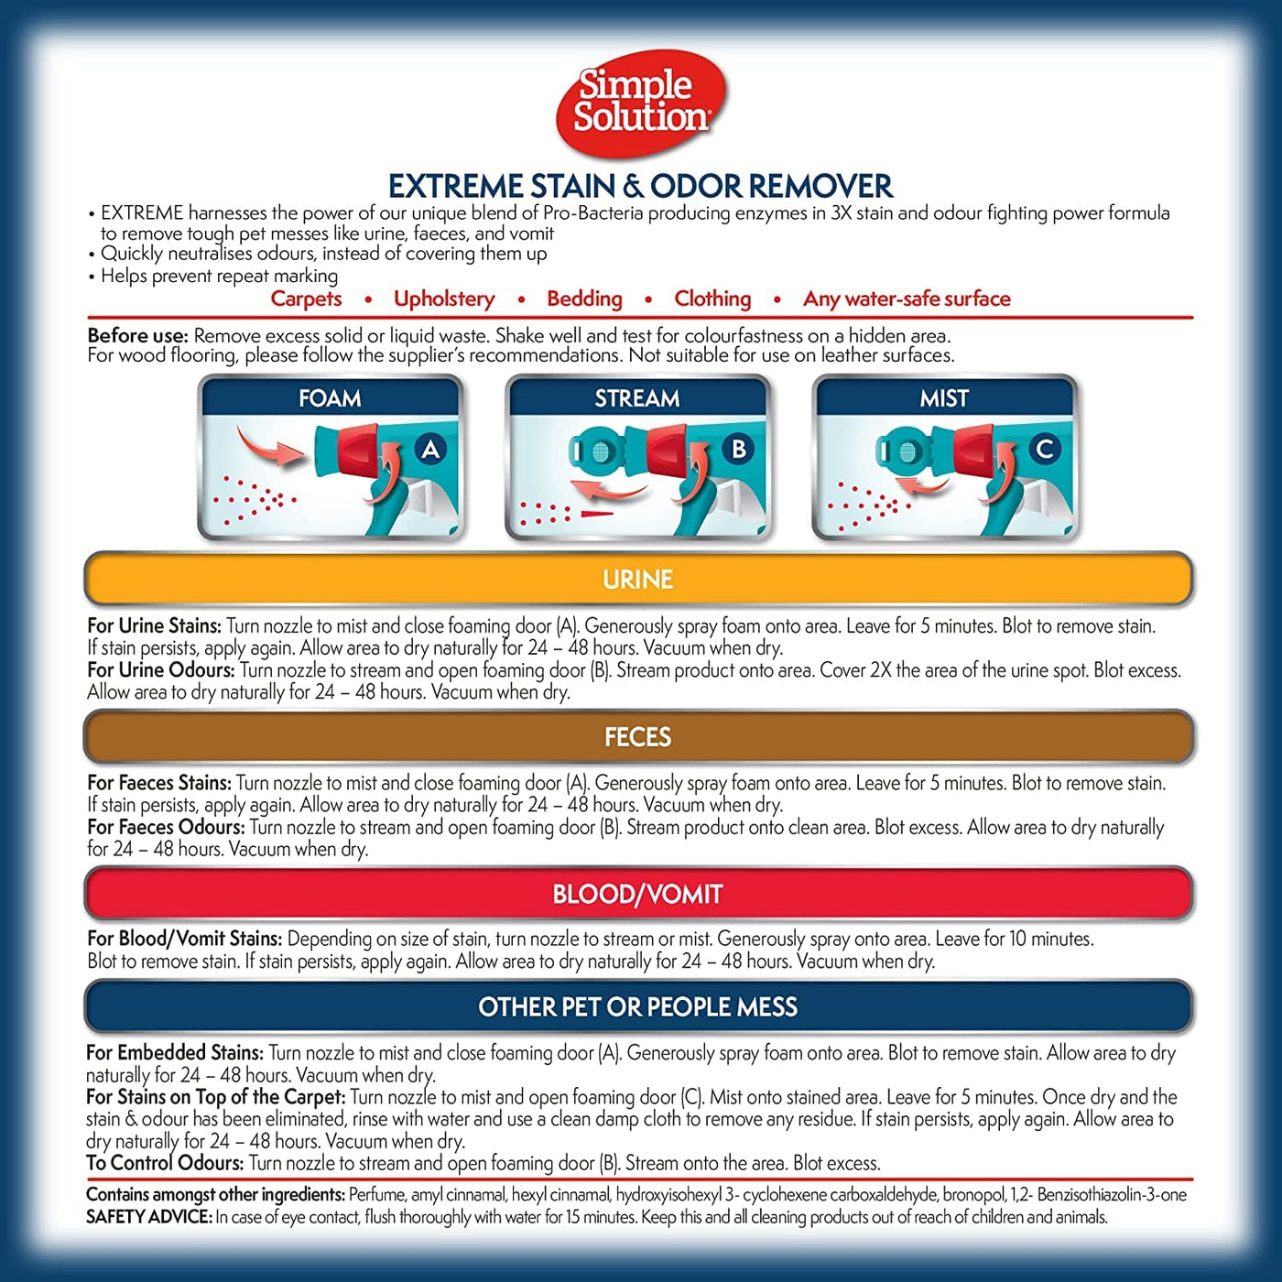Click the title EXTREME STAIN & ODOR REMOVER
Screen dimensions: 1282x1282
[x=641, y=186]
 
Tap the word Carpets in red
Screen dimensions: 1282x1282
[x=306, y=299]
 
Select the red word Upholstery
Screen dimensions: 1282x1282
[x=444, y=299]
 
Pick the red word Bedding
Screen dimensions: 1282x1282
[x=584, y=299]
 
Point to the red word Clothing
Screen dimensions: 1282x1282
[x=712, y=299]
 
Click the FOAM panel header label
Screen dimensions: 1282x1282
[x=330, y=397]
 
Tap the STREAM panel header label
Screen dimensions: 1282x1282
[x=637, y=397]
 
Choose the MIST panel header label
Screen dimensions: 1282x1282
[x=944, y=397]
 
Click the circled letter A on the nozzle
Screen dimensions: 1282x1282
[x=431, y=449]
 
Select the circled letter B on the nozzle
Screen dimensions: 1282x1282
[x=738, y=449]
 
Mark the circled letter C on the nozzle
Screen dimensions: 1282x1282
[x=1045, y=449]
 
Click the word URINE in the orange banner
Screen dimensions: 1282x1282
[x=638, y=580]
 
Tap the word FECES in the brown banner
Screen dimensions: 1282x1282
[x=638, y=737]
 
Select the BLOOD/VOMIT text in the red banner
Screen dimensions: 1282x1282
[x=638, y=894]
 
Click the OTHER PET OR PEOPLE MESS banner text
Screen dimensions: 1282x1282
[x=638, y=1006]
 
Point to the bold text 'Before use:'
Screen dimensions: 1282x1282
[x=137, y=335]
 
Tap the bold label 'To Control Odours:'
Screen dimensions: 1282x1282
[x=165, y=1163]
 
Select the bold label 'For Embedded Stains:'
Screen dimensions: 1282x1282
[x=175, y=1053]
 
